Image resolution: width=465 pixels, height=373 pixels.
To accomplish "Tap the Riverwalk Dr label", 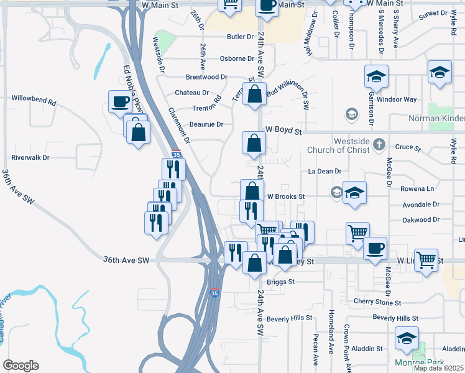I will [30, 158].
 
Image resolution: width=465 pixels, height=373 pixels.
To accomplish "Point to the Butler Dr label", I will [241, 37].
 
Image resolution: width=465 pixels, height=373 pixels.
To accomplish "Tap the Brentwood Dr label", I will [207, 76].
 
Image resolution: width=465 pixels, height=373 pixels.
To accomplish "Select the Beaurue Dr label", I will [206, 124].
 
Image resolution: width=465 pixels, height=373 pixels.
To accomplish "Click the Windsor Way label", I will [397, 99].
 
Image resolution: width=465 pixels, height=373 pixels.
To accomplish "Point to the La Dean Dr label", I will [325, 171].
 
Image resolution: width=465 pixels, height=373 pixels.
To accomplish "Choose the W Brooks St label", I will [285, 196].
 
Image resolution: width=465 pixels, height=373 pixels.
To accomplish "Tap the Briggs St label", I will [280, 282].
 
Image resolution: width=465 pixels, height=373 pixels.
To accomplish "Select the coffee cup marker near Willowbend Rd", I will [121, 101].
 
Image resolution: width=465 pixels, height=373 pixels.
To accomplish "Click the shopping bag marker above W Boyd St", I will [255, 94].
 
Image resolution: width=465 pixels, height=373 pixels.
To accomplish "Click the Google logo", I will [21, 366].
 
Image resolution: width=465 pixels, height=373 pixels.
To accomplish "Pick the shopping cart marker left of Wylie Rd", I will [426, 260].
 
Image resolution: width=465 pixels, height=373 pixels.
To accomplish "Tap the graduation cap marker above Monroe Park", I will [407, 338].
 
